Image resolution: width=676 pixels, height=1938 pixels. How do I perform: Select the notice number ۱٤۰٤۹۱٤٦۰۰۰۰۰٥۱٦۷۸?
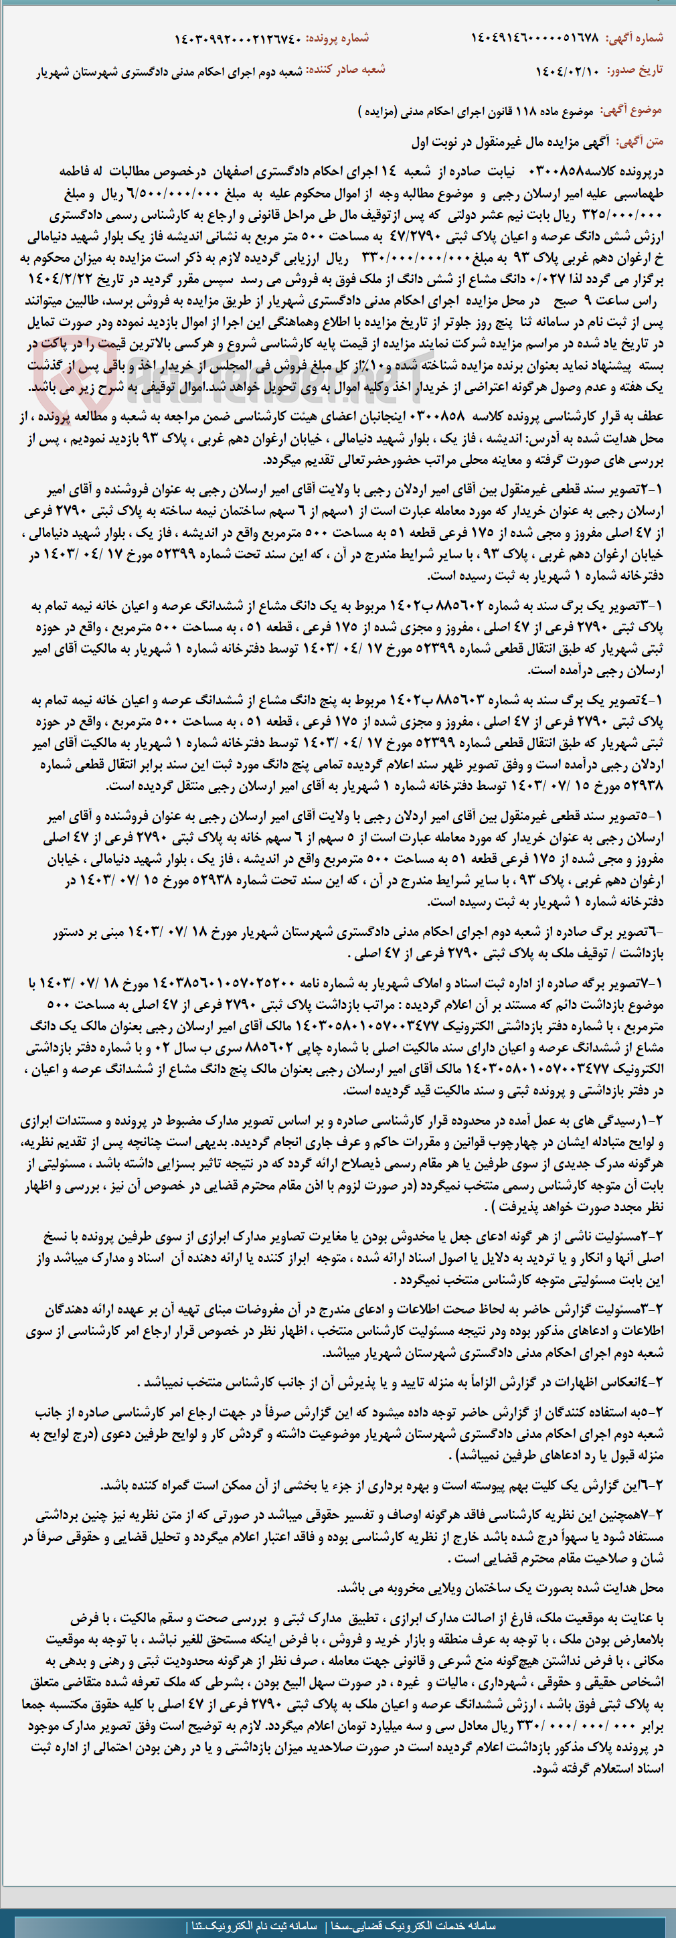(x=535, y=38)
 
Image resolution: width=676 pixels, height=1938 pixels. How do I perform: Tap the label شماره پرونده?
(x=345, y=38)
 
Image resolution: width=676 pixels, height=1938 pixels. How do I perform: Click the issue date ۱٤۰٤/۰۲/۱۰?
(x=568, y=72)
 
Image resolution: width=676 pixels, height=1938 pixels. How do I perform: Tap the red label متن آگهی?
(x=640, y=141)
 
